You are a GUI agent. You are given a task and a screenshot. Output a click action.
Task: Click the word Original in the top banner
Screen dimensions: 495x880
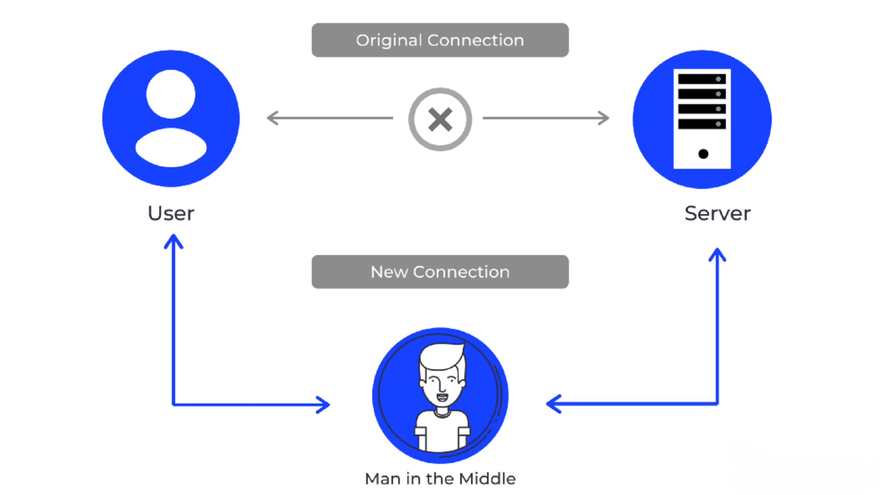pyautogui.click(x=389, y=40)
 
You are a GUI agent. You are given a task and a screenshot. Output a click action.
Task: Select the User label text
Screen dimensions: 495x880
pyautogui.click(x=171, y=214)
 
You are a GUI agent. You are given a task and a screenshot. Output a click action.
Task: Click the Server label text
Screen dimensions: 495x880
pyautogui.click(x=717, y=214)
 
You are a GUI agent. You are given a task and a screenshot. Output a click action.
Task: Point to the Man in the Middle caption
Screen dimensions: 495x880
pyautogui.click(x=440, y=479)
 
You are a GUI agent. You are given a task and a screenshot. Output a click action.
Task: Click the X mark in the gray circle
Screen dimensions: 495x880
pyautogui.click(x=440, y=119)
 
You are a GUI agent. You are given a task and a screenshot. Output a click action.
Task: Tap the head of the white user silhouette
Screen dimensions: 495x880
pyautogui.click(x=170, y=94)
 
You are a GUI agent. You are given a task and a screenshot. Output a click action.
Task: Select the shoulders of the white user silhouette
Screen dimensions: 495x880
pyautogui.click(x=171, y=148)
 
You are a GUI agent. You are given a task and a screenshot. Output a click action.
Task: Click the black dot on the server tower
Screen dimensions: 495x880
pyautogui.click(x=703, y=154)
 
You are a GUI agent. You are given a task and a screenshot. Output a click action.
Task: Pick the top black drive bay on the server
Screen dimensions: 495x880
pyautogui.click(x=702, y=79)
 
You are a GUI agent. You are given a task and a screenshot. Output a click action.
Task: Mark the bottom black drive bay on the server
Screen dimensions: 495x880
pyautogui.click(x=702, y=124)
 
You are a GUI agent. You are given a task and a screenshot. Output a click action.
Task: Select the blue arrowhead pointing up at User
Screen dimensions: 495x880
pyautogui.click(x=173, y=240)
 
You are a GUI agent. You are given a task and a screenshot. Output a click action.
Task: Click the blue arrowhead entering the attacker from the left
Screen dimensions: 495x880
pyautogui.click(x=324, y=405)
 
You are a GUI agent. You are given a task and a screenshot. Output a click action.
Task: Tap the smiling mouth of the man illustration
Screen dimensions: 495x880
pyautogui.click(x=442, y=398)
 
